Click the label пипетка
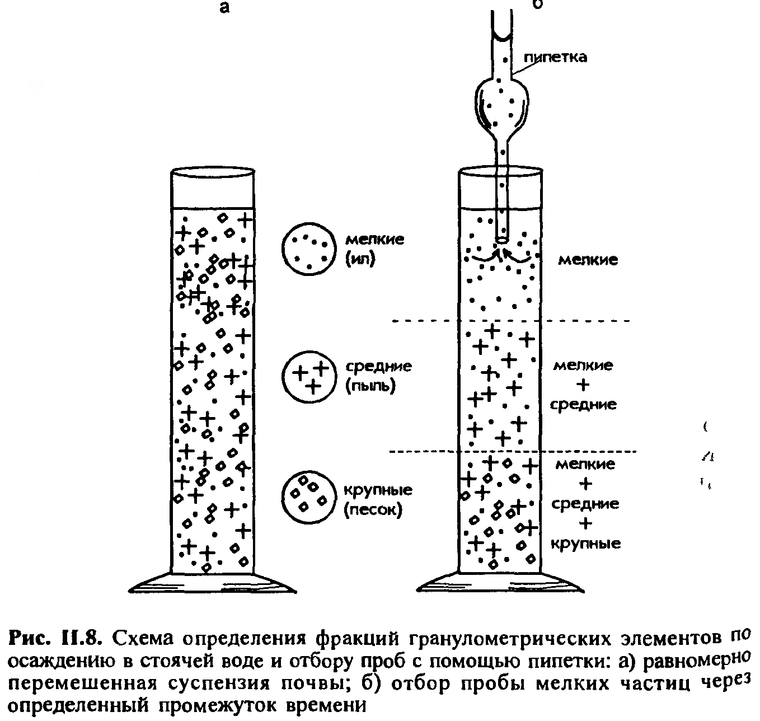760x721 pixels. (x=555, y=58)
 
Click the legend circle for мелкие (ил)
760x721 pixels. (x=309, y=249)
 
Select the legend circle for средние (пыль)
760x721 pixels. (x=309, y=377)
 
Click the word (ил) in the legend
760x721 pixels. (x=360, y=260)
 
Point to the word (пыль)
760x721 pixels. (x=370, y=386)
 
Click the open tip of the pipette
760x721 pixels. (x=502, y=240)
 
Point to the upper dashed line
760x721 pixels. (x=511, y=321)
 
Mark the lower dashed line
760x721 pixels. (x=513, y=451)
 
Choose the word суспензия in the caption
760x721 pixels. (x=219, y=684)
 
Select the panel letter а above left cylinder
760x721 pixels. (x=224, y=7)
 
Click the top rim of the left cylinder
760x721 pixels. (x=212, y=171)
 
